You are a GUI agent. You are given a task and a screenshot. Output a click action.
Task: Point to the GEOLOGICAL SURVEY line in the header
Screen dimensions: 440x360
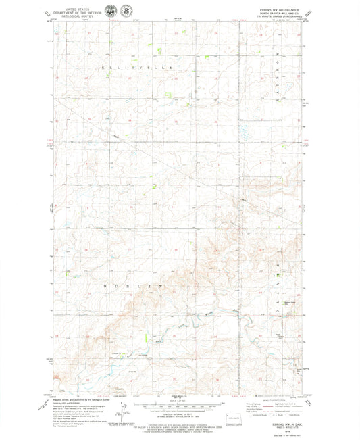(x=82, y=17)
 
